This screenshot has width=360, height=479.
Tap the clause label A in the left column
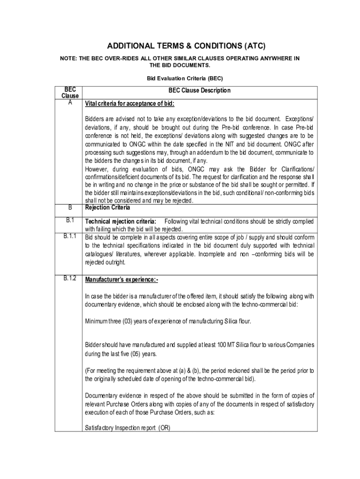point(70,102)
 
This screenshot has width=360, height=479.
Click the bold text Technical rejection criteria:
point(121,221)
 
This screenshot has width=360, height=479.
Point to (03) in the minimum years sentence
point(129,321)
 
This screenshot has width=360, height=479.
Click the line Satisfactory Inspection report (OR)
point(127,428)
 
